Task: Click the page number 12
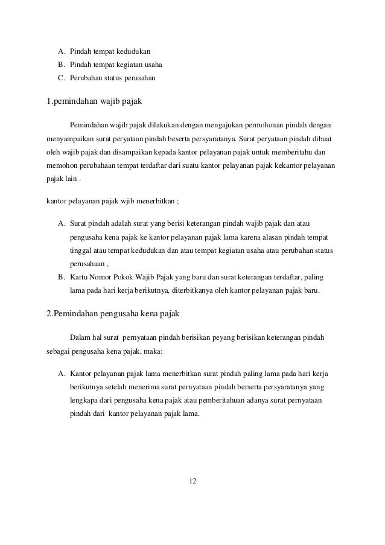(192, 481)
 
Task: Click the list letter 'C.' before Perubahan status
(61, 78)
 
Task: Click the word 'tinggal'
(81, 250)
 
